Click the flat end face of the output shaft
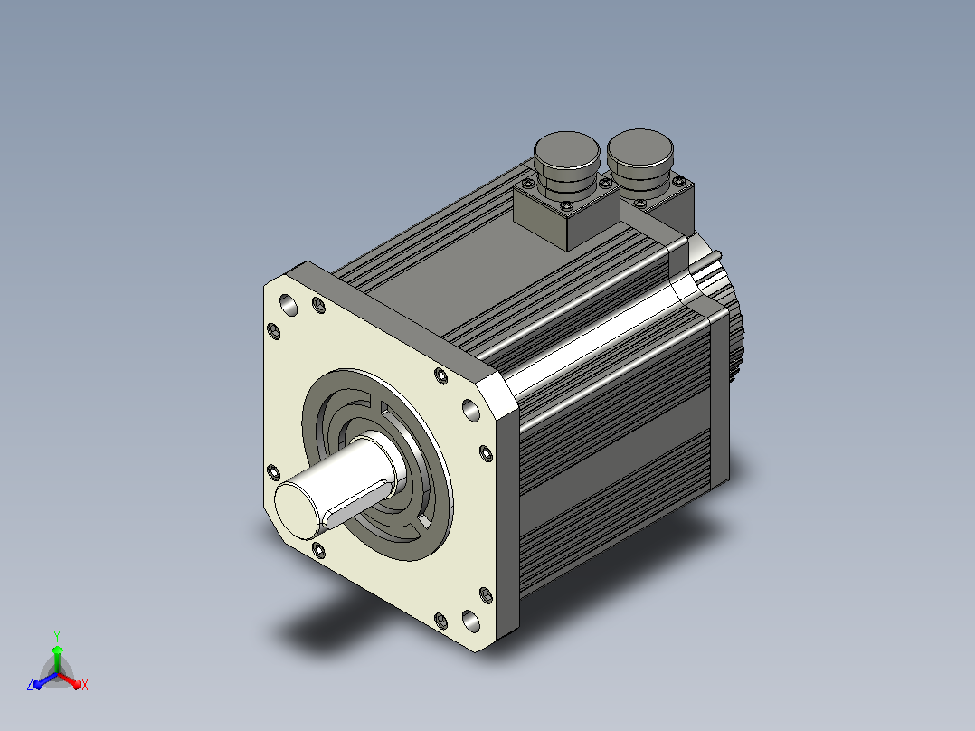coord(298,509)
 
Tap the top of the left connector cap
coord(566,150)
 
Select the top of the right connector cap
coord(639,148)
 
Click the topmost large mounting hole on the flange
coord(289,305)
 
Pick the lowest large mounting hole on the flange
coord(471,621)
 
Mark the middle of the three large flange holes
coord(471,411)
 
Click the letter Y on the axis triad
coord(57,637)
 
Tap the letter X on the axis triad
coord(85,685)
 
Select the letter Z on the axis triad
coord(30,684)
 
